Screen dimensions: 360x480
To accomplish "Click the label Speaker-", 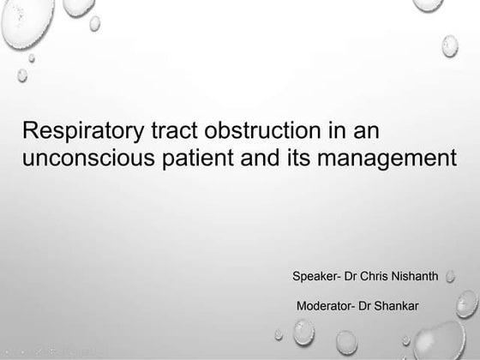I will coord(316,277).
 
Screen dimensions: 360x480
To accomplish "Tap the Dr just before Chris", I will coord(351,276).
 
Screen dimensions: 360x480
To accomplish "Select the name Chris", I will coord(377,276).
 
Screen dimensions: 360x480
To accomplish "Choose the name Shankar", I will coord(398,306).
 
